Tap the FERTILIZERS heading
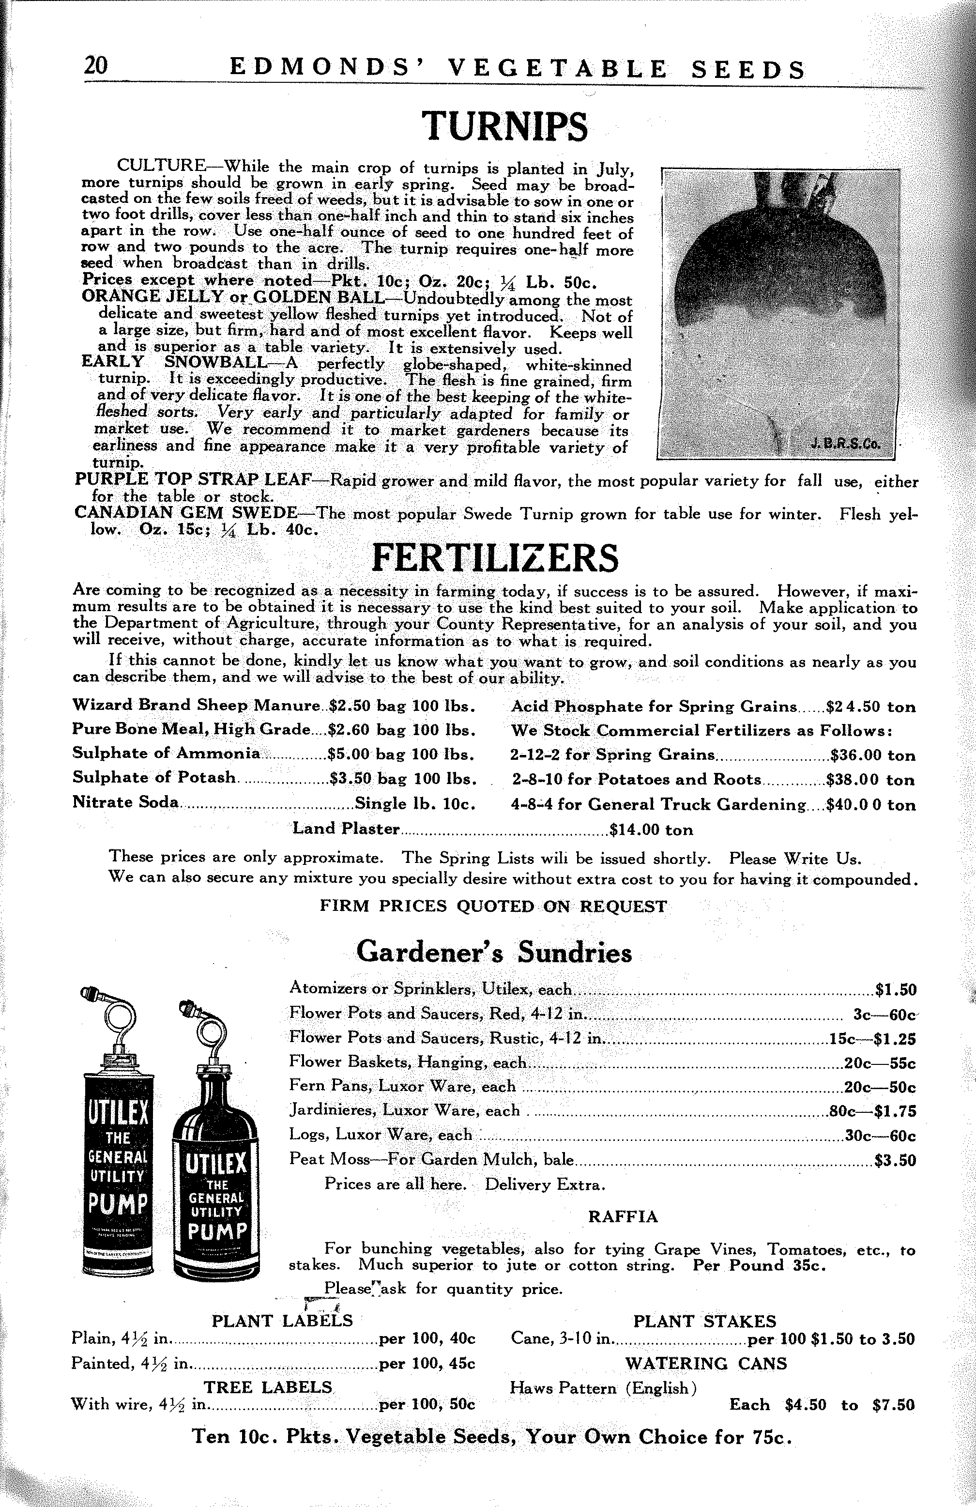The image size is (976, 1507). (494, 558)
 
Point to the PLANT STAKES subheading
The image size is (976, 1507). (704, 1321)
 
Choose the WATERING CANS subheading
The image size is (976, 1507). (706, 1363)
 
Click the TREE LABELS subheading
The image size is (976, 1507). (268, 1387)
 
